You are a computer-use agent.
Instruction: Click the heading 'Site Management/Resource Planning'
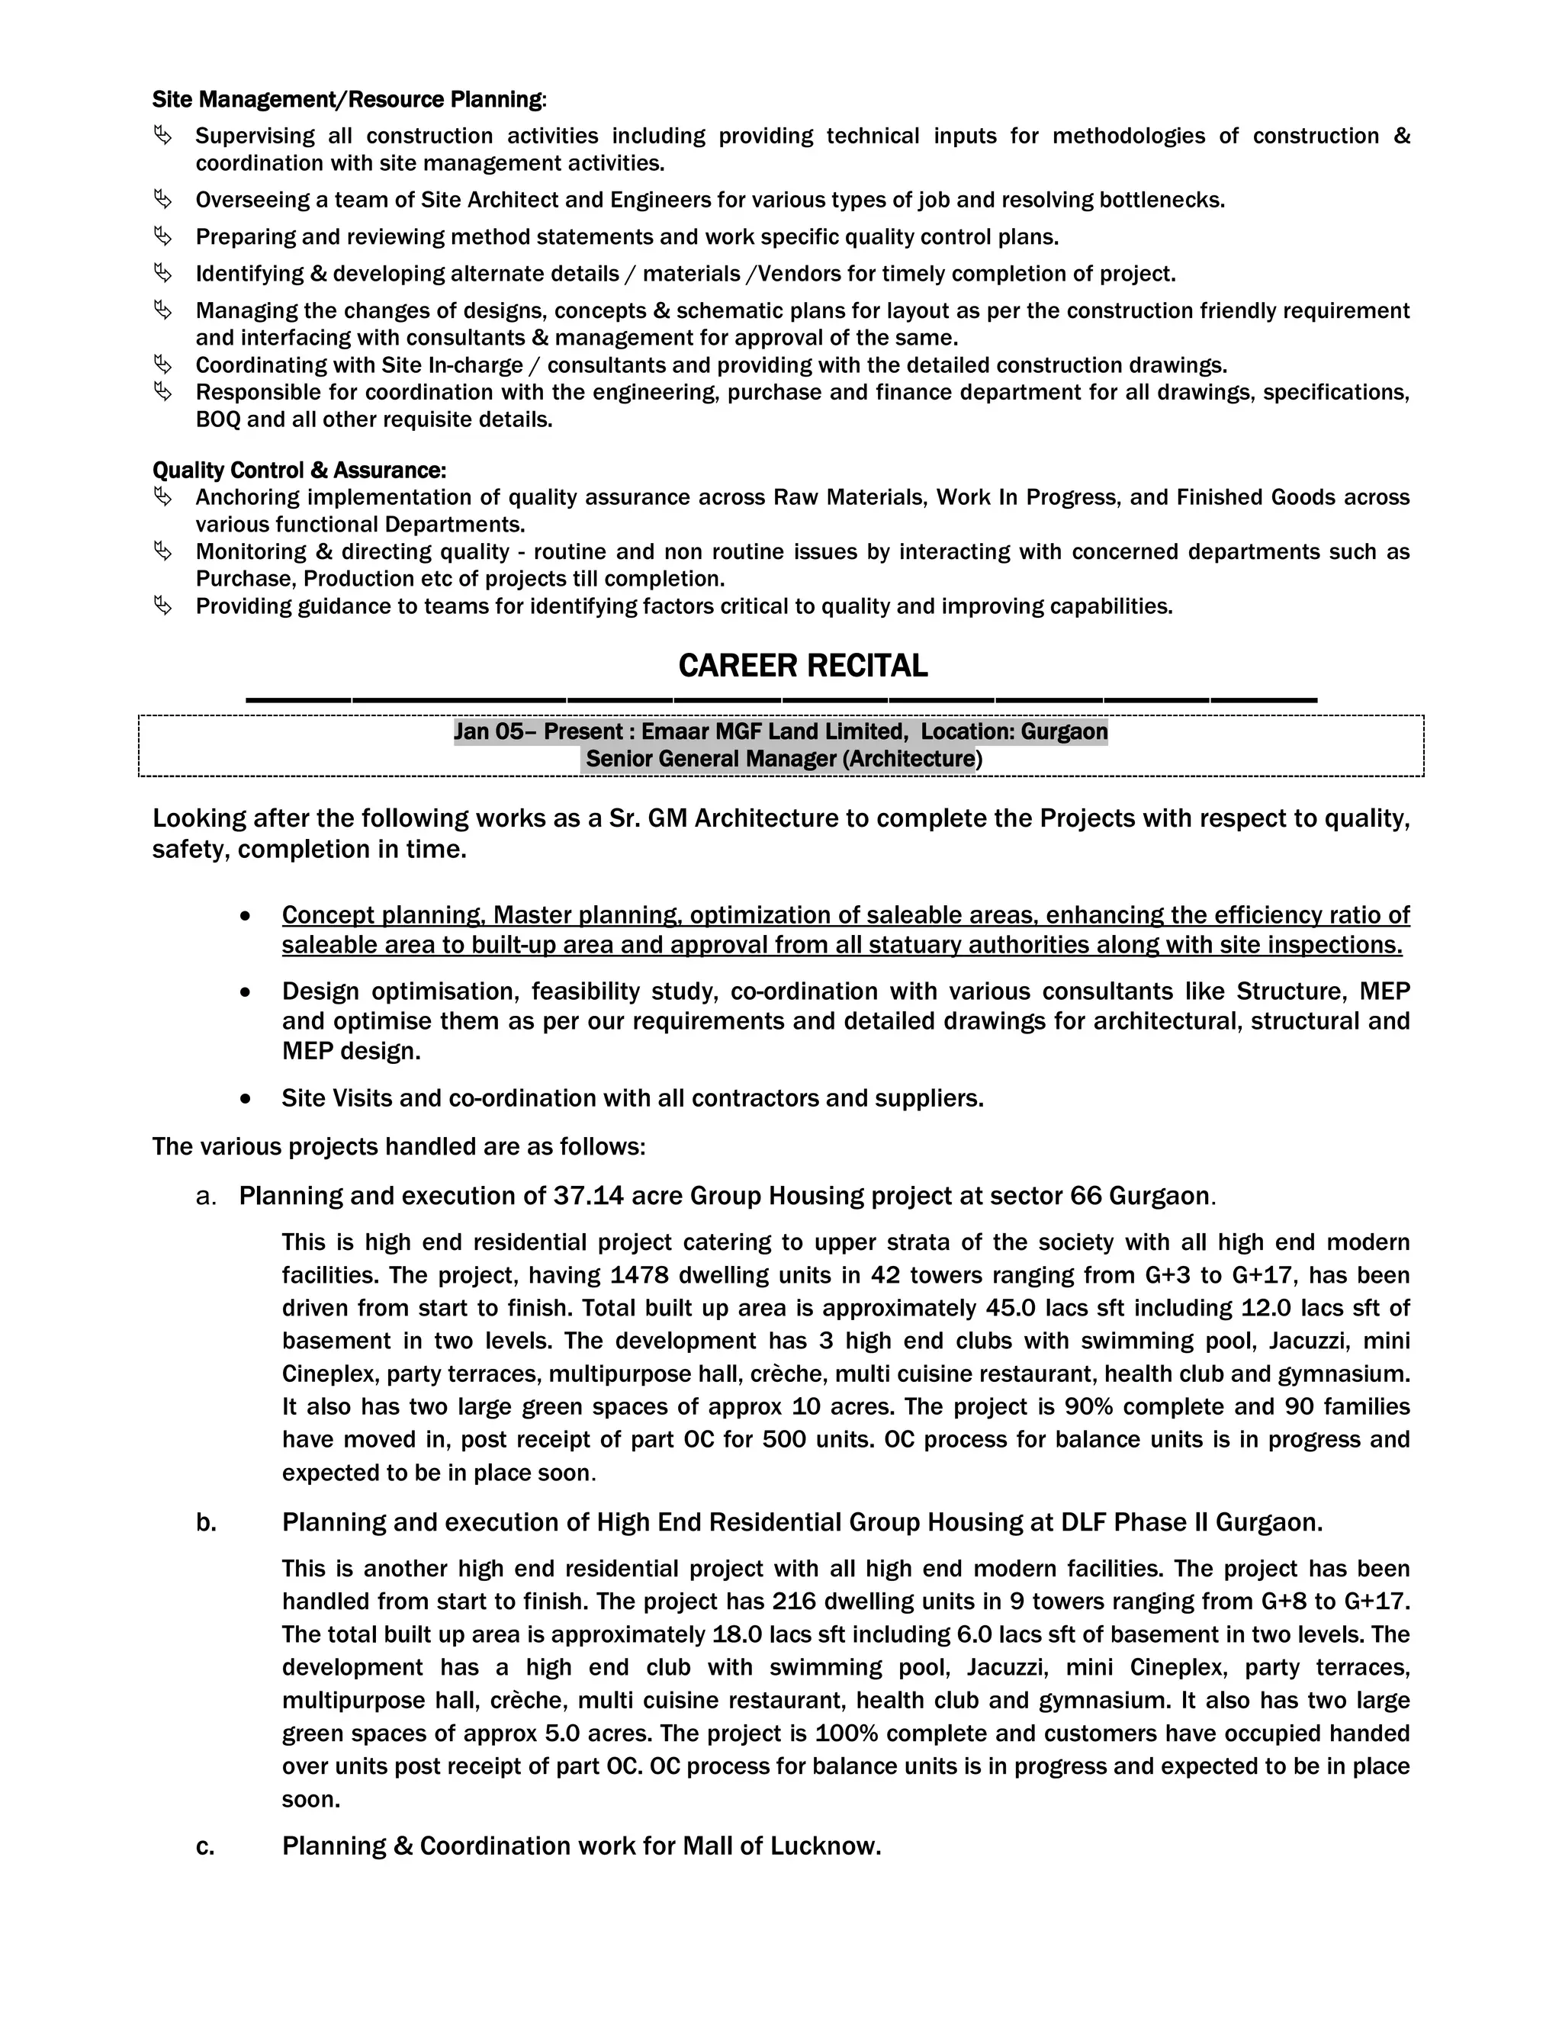coord(349,99)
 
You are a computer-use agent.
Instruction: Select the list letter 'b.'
coord(205,1522)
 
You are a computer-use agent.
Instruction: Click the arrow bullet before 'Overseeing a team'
coord(163,199)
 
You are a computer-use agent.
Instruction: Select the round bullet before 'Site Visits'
coord(246,1098)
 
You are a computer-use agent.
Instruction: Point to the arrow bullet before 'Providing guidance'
coord(163,606)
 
